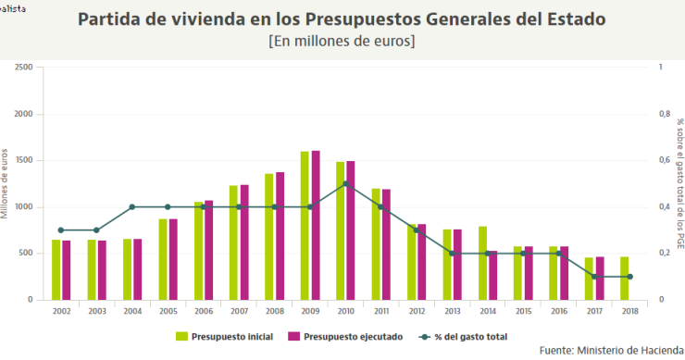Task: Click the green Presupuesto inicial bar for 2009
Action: click(305, 226)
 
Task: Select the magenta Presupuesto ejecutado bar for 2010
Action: click(351, 230)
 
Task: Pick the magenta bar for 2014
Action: click(492, 276)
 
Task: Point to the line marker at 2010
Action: click(345, 184)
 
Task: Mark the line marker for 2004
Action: click(132, 207)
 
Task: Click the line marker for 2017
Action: click(594, 277)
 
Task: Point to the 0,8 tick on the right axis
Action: click(664, 114)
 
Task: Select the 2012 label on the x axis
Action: click(417, 312)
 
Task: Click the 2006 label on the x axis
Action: click(204, 312)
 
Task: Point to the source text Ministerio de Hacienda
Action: click(629, 351)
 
